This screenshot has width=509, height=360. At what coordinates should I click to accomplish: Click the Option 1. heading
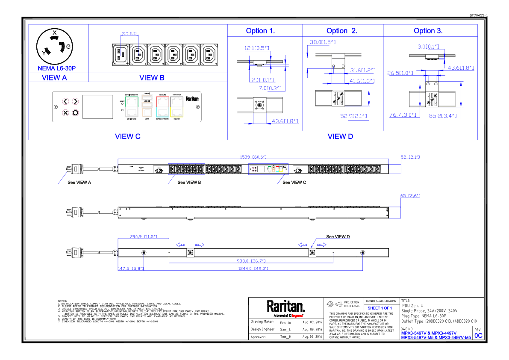[x=260, y=31]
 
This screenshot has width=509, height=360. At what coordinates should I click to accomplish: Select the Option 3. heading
[x=428, y=31]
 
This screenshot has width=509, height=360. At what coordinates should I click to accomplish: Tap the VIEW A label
[x=54, y=78]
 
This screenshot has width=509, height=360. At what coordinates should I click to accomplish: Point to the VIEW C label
[x=127, y=136]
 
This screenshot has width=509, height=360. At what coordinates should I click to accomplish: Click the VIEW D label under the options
[x=340, y=136]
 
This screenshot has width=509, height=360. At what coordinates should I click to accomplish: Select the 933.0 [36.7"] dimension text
[x=251, y=261]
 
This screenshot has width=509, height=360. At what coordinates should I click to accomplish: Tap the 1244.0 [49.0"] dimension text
[x=253, y=269]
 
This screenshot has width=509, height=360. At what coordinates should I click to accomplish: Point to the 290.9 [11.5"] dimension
[x=143, y=236]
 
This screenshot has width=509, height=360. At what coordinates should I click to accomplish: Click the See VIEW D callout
[x=338, y=236]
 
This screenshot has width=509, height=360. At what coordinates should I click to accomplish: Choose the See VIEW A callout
[x=79, y=182]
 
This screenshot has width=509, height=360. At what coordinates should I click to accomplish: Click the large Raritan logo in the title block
[x=286, y=306]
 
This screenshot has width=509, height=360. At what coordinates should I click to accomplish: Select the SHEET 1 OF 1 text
[x=380, y=308]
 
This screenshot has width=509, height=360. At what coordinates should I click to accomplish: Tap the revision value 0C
[x=478, y=336]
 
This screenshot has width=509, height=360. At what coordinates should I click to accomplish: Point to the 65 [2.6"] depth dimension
[x=410, y=196]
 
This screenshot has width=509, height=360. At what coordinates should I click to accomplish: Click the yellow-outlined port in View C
[x=177, y=112]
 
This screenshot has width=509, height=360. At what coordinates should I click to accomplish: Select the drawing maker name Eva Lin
[x=285, y=322]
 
